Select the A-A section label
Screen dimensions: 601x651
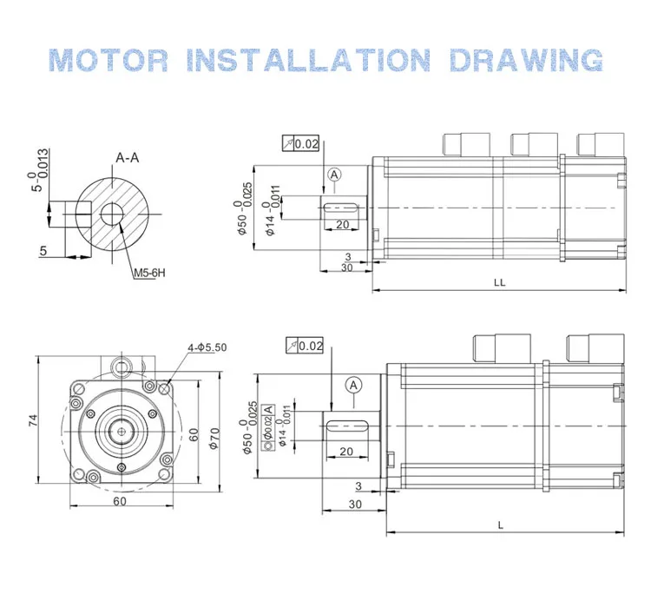coord(128,158)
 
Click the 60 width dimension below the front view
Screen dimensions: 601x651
coord(119,501)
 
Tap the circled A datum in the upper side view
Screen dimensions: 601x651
coord(333,175)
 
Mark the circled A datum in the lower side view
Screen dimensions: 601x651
coord(353,384)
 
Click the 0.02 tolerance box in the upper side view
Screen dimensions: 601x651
coord(306,143)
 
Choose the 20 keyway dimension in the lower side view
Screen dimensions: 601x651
coord(345,452)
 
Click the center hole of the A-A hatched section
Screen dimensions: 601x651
coord(112,214)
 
